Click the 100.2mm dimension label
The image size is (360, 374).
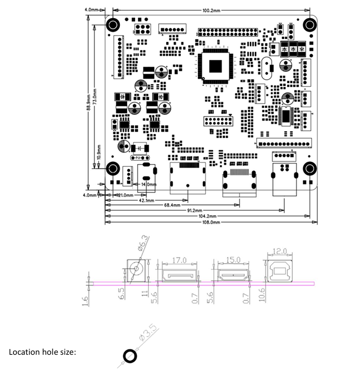[211, 10]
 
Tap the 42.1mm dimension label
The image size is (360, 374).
[146, 200]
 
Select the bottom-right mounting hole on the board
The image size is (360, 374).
[309, 169]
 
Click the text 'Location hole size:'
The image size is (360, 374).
[42, 352]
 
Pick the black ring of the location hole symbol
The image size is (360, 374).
[129, 356]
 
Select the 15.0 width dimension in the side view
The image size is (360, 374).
[232, 260]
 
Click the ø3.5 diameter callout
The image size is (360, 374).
[148, 339]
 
